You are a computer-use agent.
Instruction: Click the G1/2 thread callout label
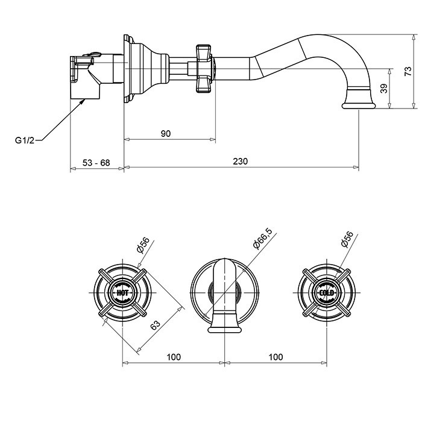coord(25,140)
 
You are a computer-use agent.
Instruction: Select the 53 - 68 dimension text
coord(96,163)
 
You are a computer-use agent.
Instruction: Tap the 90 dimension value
coord(166,133)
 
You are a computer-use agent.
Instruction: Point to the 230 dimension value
coord(240,161)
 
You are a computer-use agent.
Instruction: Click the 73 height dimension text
coord(408,71)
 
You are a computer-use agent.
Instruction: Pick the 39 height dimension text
coord(384,88)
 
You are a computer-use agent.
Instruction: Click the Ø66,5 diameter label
coord(263,239)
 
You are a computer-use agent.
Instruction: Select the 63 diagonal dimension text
coord(156,325)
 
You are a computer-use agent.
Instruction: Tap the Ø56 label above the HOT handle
coord(143,245)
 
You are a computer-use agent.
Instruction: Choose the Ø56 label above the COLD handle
coord(347,239)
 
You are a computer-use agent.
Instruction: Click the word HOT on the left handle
coord(122,292)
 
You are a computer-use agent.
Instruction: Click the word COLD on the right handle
coord(327,292)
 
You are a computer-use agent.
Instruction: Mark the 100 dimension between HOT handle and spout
coord(174,357)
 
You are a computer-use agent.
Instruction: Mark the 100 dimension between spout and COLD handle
coord(276,357)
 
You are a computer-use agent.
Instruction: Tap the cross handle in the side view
coord(204,69)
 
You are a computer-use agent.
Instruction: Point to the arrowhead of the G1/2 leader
coord(83,101)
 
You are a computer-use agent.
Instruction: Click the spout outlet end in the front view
coord(224,330)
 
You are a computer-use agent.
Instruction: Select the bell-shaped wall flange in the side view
coord(145,69)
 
